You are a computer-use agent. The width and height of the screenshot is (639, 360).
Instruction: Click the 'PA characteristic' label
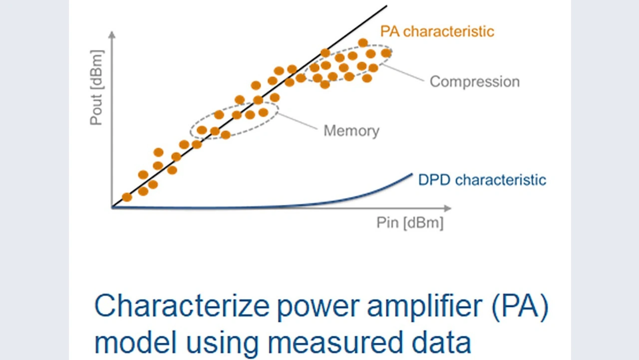pyautogui.click(x=437, y=31)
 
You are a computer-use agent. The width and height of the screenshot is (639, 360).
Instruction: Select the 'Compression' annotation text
pyautogui.click(x=474, y=81)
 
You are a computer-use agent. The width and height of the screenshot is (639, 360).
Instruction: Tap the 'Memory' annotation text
pyautogui.click(x=351, y=131)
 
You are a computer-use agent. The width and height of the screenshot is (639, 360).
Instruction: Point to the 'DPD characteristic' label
pyautogui.click(x=482, y=180)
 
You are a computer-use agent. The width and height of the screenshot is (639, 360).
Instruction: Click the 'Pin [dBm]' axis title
pyautogui.click(x=409, y=223)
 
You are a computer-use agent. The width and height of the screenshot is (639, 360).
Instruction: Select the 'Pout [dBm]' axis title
pyautogui.click(x=96, y=87)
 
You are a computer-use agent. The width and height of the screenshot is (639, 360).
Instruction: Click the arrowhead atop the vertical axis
pyautogui.click(x=112, y=35)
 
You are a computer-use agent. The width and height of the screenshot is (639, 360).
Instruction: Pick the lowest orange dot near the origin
pyautogui.click(x=127, y=197)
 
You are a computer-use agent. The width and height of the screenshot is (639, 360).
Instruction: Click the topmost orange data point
pyautogui.click(x=363, y=43)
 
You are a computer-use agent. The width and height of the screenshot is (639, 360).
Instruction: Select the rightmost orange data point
pyautogui.click(x=386, y=53)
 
